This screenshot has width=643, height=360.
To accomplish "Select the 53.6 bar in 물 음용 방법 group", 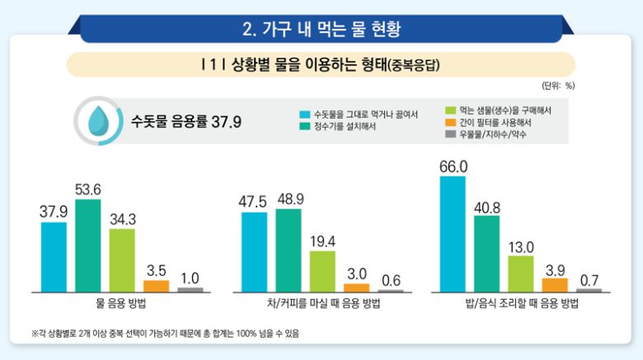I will click(x=88, y=245).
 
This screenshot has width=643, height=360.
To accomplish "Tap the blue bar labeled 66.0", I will click(x=453, y=234).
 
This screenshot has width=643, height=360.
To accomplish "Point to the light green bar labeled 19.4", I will click(x=322, y=271).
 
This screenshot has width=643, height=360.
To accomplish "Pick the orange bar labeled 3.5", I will click(x=156, y=286).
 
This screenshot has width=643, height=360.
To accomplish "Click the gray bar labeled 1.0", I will click(x=190, y=289).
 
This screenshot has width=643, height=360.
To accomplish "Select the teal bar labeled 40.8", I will click(x=487, y=254).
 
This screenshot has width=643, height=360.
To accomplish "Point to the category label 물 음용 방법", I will click(x=121, y=304).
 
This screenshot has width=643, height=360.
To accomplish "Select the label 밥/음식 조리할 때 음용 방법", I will click(x=522, y=304).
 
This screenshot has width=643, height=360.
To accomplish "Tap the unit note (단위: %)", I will click(x=558, y=85).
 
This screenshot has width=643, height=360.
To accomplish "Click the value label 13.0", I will click(x=521, y=245).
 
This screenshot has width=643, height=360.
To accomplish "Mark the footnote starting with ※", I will click(x=165, y=333).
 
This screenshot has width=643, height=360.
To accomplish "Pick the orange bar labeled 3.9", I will click(x=555, y=284).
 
